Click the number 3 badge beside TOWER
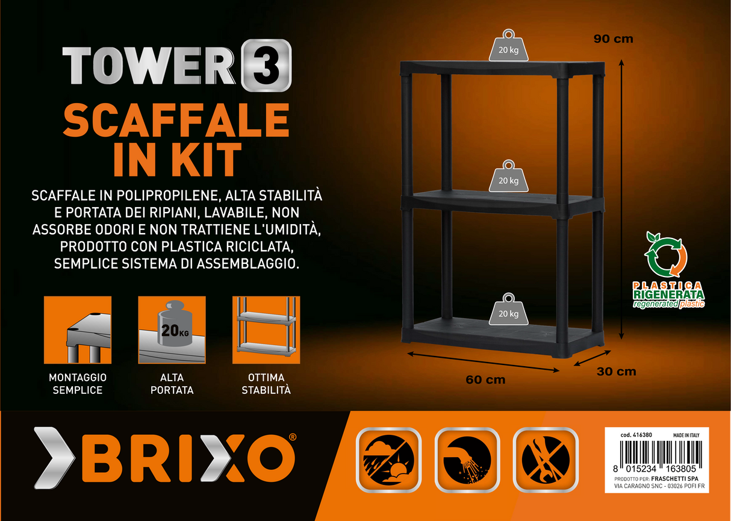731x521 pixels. click(266, 65)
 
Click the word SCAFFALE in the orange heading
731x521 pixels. click(176, 120)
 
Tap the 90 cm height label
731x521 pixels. click(613, 39)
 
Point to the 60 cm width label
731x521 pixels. click(485, 379)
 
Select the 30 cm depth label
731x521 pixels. click(617, 372)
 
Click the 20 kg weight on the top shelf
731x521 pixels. click(508, 45)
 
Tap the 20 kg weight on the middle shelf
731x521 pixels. click(508, 176)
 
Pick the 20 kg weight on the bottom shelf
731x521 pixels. click(508, 309)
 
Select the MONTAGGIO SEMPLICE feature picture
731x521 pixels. click(78, 330)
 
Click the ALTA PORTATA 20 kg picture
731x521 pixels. click(172, 330)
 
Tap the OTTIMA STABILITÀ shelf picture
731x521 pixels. click(266, 330)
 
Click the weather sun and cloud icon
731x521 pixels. click(388, 460)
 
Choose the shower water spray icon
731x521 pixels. click(467, 460)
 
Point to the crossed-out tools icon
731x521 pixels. click(546, 460)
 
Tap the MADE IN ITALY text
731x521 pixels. click(686, 435)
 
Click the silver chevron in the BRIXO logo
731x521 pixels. click(55, 458)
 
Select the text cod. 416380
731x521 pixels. click(636, 435)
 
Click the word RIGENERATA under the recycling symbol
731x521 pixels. click(668, 294)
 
